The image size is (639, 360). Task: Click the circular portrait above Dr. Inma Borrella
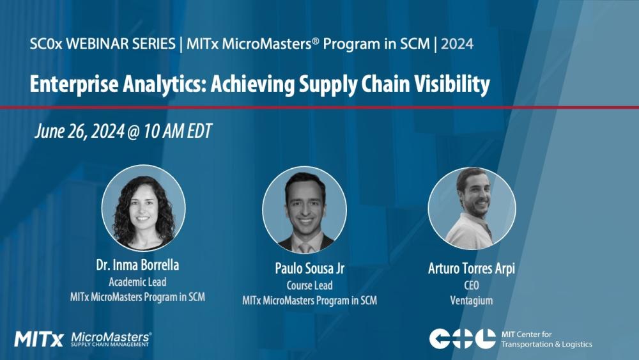click(143, 207)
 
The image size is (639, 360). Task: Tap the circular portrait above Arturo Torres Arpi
click(472, 208)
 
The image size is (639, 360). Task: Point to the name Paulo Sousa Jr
click(309, 269)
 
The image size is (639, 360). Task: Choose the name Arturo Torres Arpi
click(472, 269)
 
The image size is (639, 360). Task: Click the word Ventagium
click(472, 300)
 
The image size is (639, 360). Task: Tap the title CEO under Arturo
click(472, 285)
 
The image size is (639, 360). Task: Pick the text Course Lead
click(309, 286)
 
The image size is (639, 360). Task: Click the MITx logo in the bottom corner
click(38, 339)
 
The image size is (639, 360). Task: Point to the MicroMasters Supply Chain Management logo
click(111, 339)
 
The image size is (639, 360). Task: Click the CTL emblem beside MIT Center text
click(462, 339)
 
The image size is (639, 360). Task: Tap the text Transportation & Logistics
click(546, 345)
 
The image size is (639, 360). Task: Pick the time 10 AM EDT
click(180, 132)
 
